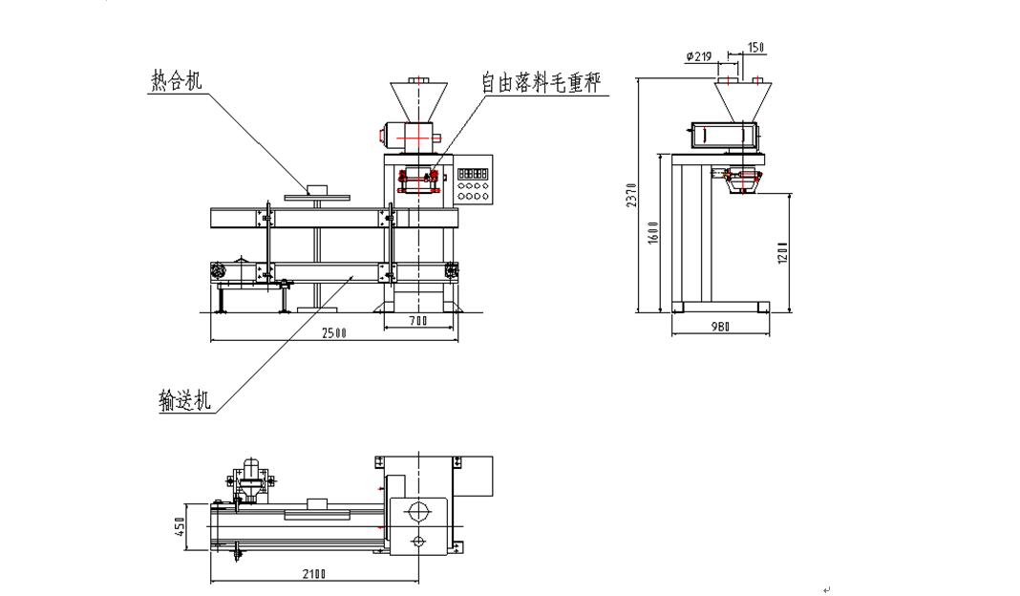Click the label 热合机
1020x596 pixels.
(177, 80)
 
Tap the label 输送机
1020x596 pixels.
(185, 399)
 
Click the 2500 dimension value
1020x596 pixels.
(333, 332)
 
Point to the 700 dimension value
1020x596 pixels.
(417, 322)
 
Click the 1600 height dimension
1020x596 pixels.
(653, 232)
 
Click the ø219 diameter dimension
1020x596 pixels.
(699, 56)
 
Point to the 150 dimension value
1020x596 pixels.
(755, 47)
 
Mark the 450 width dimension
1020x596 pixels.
(180, 527)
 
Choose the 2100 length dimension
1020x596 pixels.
(312, 573)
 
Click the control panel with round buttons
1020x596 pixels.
(474, 184)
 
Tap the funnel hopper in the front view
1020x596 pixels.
(419, 102)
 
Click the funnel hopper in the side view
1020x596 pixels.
(741, 100)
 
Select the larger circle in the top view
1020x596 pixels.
(417, 513)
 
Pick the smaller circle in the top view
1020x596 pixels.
(418, 543)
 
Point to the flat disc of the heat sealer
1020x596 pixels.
(314, 195)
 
